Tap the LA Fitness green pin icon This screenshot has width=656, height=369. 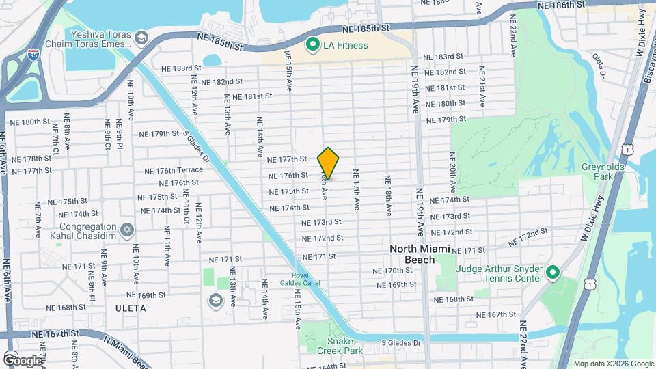point(313,45)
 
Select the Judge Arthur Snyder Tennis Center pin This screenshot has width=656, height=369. point(552,273)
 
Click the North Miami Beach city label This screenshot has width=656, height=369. point(422,254)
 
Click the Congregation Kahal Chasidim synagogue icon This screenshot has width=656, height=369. point(126,230)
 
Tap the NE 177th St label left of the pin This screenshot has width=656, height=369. point(288,159)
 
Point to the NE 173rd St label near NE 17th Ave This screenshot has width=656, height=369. point(321,223)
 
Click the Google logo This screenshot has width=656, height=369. point(22,360)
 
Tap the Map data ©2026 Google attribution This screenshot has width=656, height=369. point(614,364)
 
